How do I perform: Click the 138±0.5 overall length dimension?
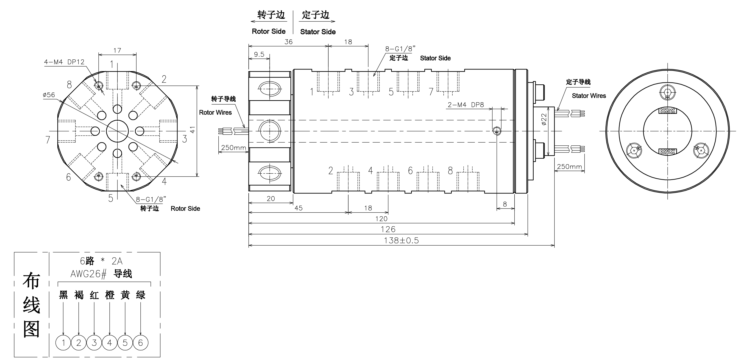pyautogui.click(x=401, y=240)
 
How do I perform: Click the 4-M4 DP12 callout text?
pyautogui.click(x=64, y=62)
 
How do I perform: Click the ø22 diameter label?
pyautogui.click(x=543, y=119)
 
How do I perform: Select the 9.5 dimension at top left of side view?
pyautogui.click(x=259, y=54)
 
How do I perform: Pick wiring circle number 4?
pyautogui.click(x=110, y=343)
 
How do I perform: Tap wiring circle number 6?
pyautogui.click(x=140, y=343)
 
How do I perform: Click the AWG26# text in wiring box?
pyautogui.click(x=88, y=274)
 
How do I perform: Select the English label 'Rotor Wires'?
pyautogui.click(x=215, y=112)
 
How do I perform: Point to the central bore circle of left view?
pyautogui.click(x=117, y=131)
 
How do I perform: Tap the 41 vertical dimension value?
pyautogui.click(x=192, y=130)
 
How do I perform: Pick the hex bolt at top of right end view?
pyautogui.click(x=668, y=93)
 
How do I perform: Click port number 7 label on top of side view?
pyautogui.click(x=431, y=92)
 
